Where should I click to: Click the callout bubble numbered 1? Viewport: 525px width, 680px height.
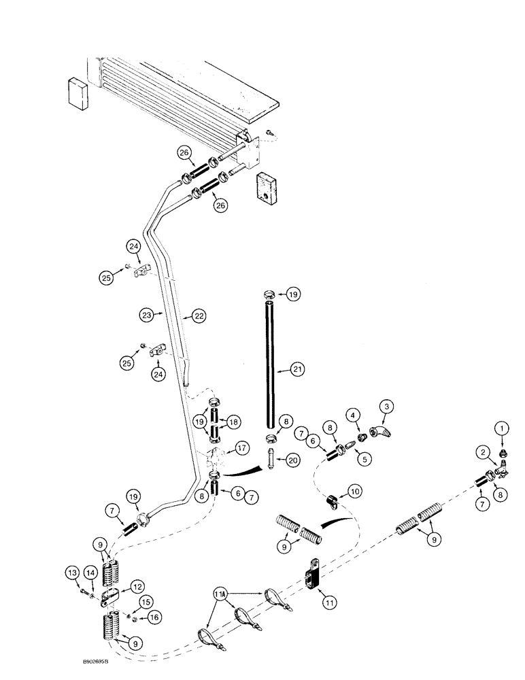[502, 429]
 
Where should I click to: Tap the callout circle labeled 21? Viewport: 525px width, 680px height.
[297, 369]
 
